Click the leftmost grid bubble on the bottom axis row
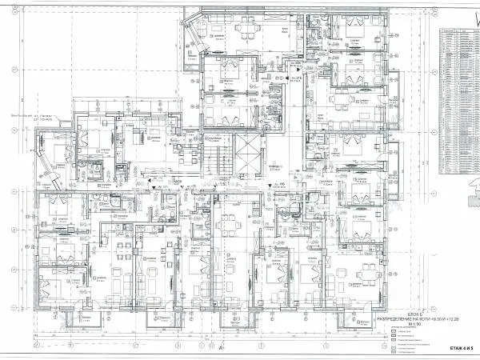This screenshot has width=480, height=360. point(37,346)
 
